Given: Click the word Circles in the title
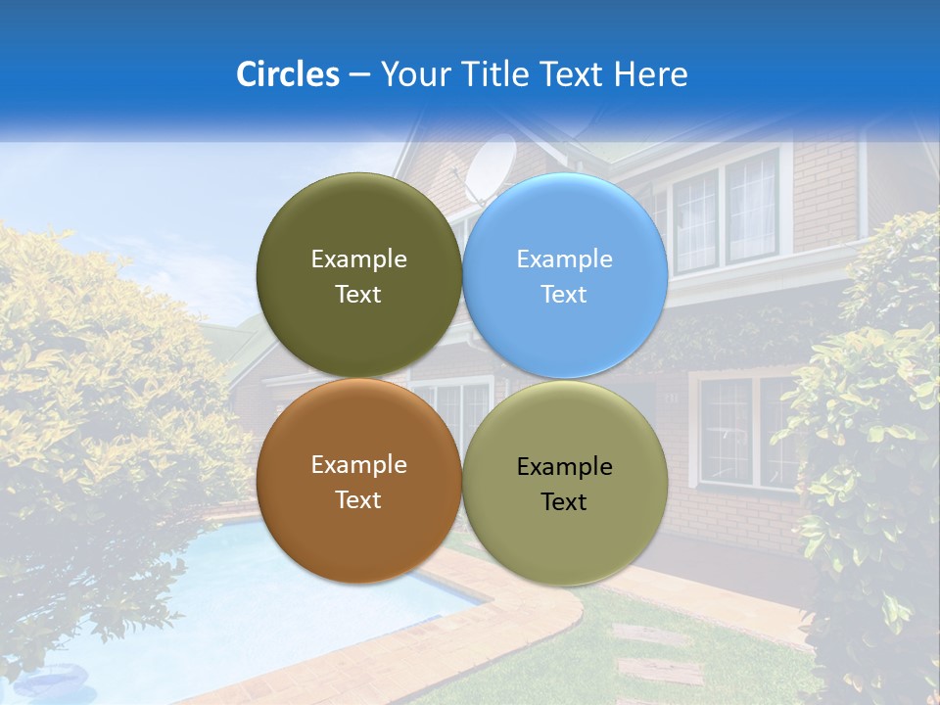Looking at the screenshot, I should tap(287, 74).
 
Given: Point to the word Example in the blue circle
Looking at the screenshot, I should tap(565, 259).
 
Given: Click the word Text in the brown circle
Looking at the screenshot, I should tap(358, 500).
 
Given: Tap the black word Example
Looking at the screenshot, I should tap(565, 467).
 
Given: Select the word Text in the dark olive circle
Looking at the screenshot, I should tap(358, 295).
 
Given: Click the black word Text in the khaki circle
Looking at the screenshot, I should tap(565, 502).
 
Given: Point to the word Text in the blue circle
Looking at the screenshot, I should tap(565, 295).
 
